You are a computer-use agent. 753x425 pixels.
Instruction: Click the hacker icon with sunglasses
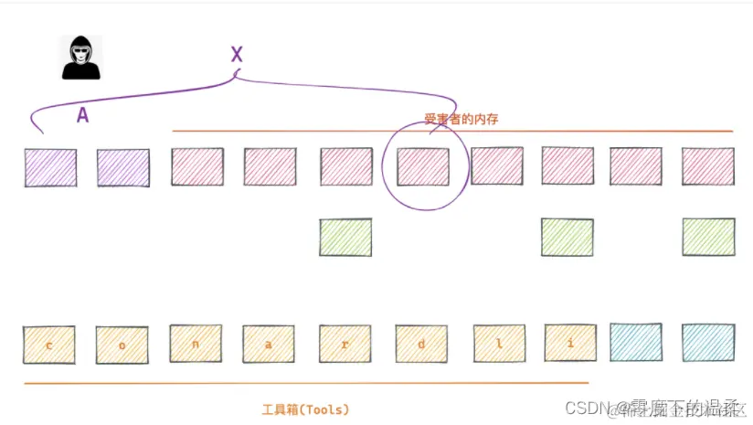point(81,58)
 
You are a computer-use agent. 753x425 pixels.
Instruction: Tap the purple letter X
point(237,55)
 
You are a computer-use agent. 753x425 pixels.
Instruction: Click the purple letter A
point(82,115)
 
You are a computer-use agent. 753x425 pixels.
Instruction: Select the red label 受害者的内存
point(461,120)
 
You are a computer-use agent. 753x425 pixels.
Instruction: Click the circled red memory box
point(423,167)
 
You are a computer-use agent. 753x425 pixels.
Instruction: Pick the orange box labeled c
point(48,345)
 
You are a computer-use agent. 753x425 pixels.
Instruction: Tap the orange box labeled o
point(122,345)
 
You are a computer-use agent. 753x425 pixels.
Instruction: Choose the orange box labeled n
point(196,345)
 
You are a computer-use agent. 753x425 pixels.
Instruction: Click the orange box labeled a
point(269,345)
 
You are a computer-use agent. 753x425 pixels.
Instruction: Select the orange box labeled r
point(345,345)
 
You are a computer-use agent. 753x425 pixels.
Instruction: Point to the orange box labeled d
point(421,345)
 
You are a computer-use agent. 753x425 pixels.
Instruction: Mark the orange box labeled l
point(499,345)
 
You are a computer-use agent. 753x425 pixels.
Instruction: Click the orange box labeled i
point(570,345)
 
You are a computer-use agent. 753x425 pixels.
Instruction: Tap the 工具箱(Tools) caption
point(305,409)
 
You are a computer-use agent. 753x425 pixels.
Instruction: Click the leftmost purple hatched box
point(50,168)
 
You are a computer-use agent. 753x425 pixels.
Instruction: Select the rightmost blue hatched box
point(708,343)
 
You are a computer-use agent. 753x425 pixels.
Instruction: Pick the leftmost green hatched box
point(345,237)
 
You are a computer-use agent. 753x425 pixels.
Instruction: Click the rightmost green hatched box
point(708,237)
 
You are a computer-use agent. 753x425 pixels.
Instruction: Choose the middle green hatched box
point(567,237)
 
